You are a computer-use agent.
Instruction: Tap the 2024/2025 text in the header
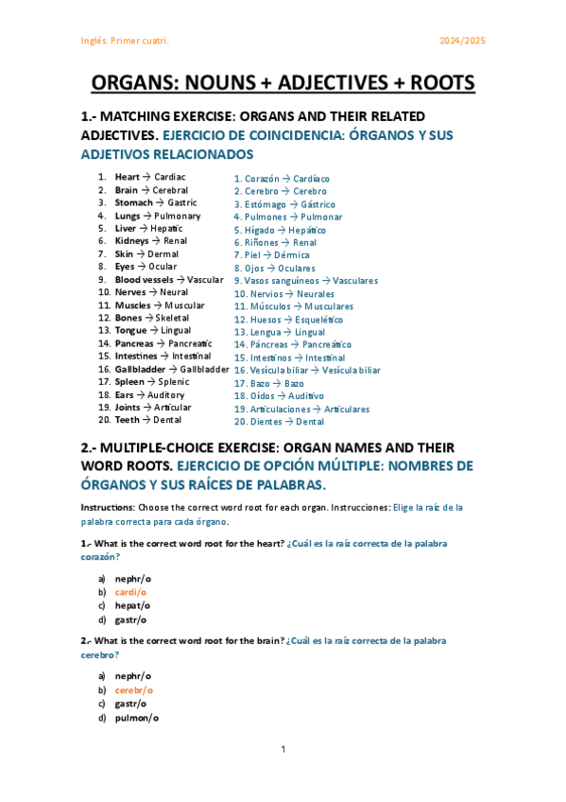[463, 42]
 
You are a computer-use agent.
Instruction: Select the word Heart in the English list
[127, 177]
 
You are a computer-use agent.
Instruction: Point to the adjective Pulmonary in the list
[178, 216]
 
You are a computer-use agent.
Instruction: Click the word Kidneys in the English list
[131, 241]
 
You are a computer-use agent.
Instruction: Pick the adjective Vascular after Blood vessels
[205, 280]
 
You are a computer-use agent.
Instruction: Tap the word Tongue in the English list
[130, 331]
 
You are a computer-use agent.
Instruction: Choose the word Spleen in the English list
[129, 382]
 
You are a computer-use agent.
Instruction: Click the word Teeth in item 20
[127, 420]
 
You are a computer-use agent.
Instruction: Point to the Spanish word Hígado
[260, 230]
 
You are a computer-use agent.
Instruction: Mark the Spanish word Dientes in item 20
[266, 422]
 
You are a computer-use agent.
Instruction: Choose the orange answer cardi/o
[132, 592]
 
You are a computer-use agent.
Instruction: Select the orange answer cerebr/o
[134, 690]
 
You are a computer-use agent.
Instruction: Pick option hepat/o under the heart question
[132, 605]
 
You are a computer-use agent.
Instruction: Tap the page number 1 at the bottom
[283, 750]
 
